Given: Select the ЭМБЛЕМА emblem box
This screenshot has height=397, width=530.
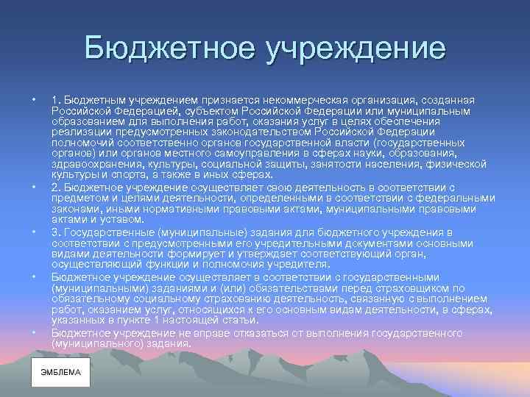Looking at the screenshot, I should coord(60,372).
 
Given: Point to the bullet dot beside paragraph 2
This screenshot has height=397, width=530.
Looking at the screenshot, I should coord(33,187).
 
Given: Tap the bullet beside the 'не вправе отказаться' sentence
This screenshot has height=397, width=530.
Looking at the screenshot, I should coord(33,333).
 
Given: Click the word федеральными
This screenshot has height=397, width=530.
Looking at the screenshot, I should coord(453,198).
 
